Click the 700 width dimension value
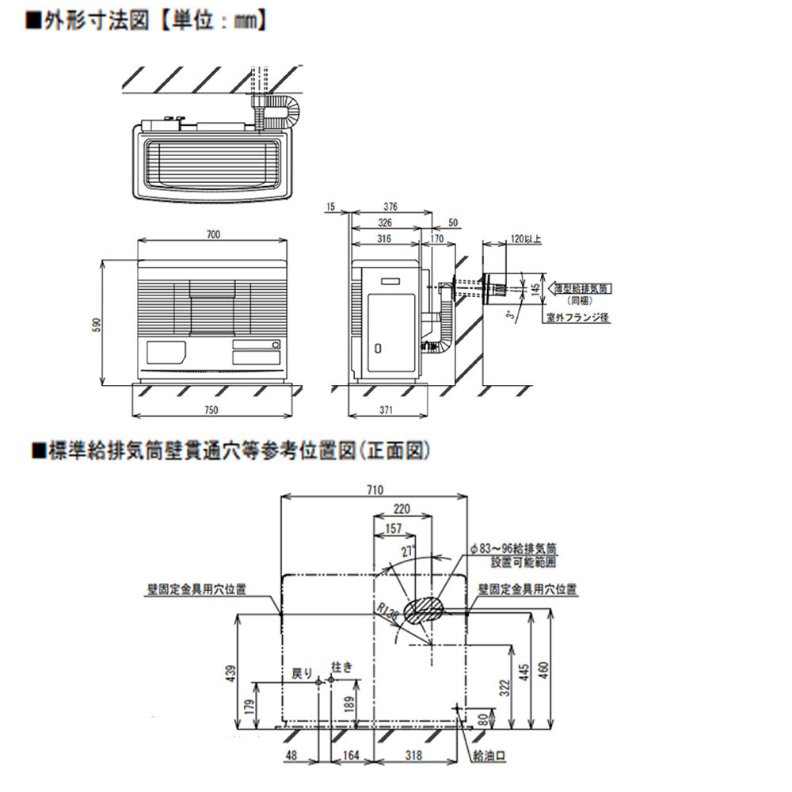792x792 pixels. [x=214, y=234]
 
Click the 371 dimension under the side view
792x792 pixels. [x=386, y=409]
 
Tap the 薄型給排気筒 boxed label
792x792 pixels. [x=584, y=289]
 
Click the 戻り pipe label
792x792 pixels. [x=303, y=673]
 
